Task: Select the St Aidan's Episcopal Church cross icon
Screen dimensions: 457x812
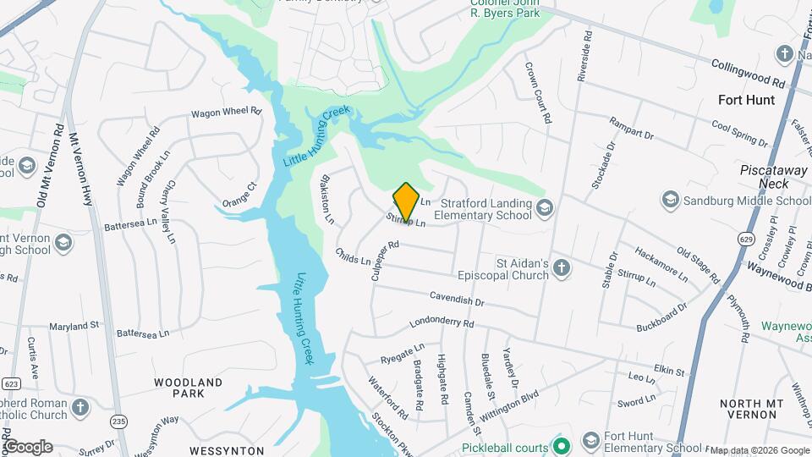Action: (x=562, y=268)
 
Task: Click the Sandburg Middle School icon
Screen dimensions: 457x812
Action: (x=671, y=201)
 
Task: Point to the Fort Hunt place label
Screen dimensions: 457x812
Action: (x=746, y=100)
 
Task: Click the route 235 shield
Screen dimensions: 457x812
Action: (x=118, y=421)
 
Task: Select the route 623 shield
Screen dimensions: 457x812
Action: (x=11, y=383)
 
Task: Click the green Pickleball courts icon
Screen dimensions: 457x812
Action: (x=558, y=445)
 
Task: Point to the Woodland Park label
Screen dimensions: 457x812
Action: (x=189, y=388)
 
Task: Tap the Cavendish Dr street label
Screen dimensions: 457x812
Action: (x=456, y=298)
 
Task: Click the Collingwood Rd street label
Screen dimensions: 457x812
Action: (x=749, y=74)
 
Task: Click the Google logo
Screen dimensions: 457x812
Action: (x=27, y=447)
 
